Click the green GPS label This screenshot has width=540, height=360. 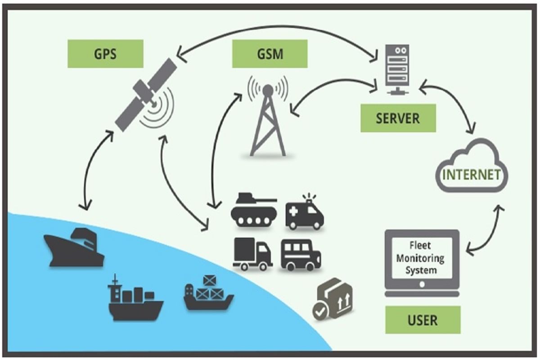pyautogui.click(x=105, y=54)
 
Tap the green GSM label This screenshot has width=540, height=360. pyautogui.click(x=270, y=54)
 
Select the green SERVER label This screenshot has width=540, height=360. pyautogui.click(x=398, y=118)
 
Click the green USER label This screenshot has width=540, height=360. pyautogui.click(x=423, y=320)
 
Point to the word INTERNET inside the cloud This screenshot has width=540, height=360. pyautogui.click(x=471, y=175)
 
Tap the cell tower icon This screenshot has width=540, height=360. pyautogui.click(x=268, y=117)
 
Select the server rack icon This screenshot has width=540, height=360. pyautogui.click(x=397, y=67)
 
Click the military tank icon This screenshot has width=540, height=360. pyautogui.click(x=253, y=210)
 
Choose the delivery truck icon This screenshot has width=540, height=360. pyautogui.click(x=252, y=254)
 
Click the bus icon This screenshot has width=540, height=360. pyautogui.click(x=301, y=255)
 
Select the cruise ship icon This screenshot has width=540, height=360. pyautogui.click(x=74, y=247)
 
